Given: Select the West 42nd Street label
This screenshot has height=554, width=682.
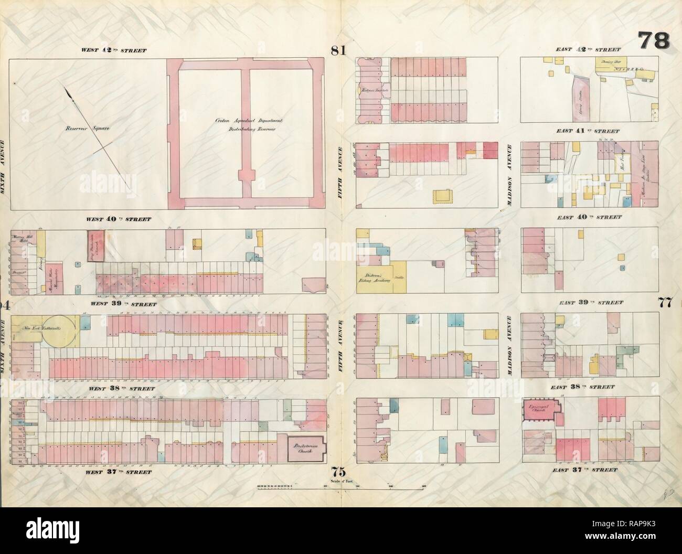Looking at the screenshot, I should click(113, 51).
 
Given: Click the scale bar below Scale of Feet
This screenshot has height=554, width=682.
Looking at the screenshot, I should click(341, 487).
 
